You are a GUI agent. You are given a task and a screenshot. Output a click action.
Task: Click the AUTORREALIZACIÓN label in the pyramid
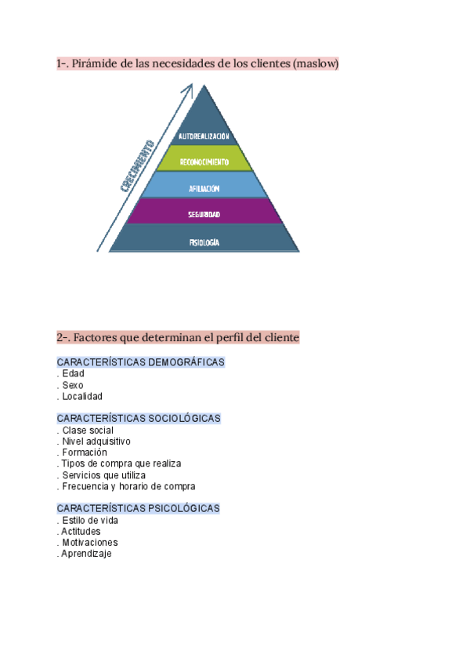[204, 136]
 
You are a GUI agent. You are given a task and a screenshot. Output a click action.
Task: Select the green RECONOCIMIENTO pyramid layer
[204, 162]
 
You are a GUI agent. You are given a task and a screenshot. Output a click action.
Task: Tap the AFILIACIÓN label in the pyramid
[204, 189]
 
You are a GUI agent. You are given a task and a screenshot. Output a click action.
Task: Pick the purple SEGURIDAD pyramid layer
[204, 214]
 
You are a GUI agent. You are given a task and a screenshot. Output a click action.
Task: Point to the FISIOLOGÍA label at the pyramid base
[204, 242]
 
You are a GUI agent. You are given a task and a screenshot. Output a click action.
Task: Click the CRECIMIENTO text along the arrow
[137, 166]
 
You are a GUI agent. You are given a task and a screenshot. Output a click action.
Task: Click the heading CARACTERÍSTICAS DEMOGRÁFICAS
[141, 362]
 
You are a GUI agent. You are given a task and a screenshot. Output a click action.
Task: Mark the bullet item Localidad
[81, 397]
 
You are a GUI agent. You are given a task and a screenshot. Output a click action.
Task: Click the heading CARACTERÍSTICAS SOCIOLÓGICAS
[139, 419]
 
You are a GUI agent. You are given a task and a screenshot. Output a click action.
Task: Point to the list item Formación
[85, 452]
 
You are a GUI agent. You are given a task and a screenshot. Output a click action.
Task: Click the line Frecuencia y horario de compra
[128, 486]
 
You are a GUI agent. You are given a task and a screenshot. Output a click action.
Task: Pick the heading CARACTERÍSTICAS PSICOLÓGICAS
[139, 508]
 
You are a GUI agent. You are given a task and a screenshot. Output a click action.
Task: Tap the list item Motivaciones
[89, 542]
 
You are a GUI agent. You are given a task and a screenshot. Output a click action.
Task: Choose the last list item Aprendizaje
[86, 554]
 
